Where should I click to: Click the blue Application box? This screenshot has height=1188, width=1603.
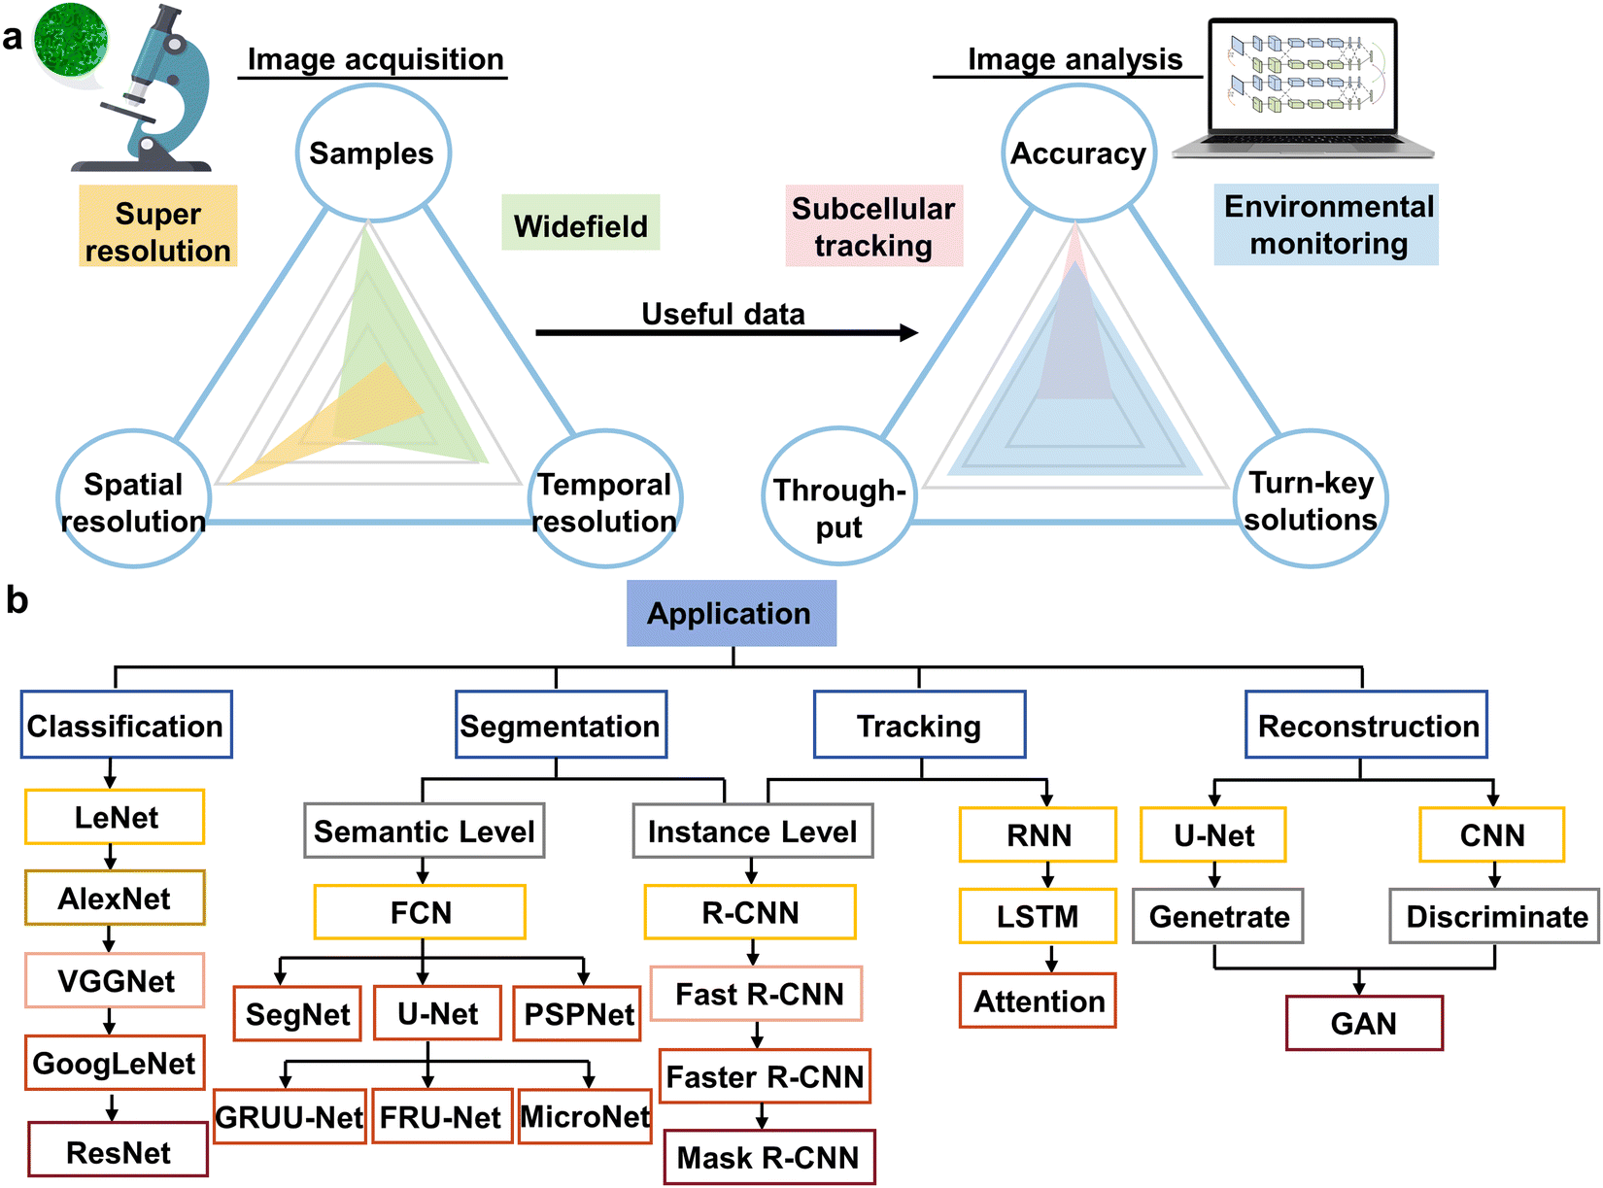pyautogui.click(x=731, y=613)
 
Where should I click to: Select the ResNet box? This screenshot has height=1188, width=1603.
pyautogui.click(x=118, y=1148)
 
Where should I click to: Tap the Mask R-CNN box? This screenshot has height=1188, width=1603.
pyautogui.click(x=769, y=1156)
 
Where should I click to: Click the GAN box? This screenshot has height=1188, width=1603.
pyautogui.click(x=1364, y=1023)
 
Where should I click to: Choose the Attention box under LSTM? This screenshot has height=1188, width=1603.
pyautogui.click(x=1038, y=1001)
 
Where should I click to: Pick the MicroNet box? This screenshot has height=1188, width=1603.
pyautogui.click(x=585, y=1116)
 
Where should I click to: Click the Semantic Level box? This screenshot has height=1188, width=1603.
pyautogui.click(x=425, y=831)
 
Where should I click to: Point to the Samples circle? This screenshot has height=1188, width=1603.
pyautogui.click(x=373, y=153)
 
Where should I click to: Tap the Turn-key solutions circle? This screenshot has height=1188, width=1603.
pyautogui.click(x=1311, y=498)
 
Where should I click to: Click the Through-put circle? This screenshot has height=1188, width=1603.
pyautogui.click(x=839, y=495)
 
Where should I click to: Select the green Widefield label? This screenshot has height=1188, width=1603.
pyautogui.click(x=580, y=222)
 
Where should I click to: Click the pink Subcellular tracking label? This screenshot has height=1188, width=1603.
pyautogui.click(x=873, y=225)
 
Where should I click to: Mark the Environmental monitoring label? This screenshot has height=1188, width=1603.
pyautogui.click(x=1326, y=224)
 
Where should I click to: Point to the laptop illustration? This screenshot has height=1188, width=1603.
pyautogui.click(x=1303, y=88)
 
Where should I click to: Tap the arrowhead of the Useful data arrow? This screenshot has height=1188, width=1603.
pyautogui.click(x=909, y=332)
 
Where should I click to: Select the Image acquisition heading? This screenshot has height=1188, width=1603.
pyautogui.click(x=375, y=59)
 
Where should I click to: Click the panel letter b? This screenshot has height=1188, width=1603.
pyautogui.click(x=17, y=599)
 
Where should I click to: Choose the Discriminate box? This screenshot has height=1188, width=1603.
pyautogui.click(x=1494, y=916)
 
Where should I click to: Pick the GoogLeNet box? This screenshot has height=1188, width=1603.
pyautogui.click(x=115, y=1062)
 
